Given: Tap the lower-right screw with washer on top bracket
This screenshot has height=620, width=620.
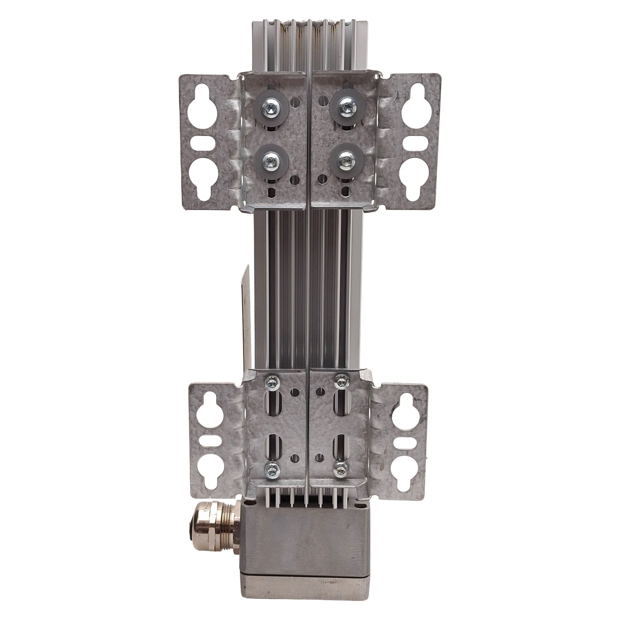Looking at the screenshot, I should click(343, 161).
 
